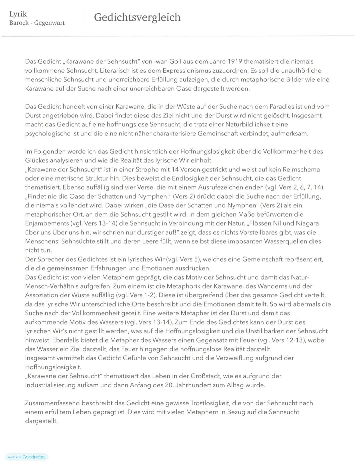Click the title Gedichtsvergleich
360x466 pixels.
(137, 17)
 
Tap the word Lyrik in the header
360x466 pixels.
(18, 14)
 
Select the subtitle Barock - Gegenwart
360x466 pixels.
(37, 23)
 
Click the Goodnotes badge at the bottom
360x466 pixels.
(27, 457)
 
